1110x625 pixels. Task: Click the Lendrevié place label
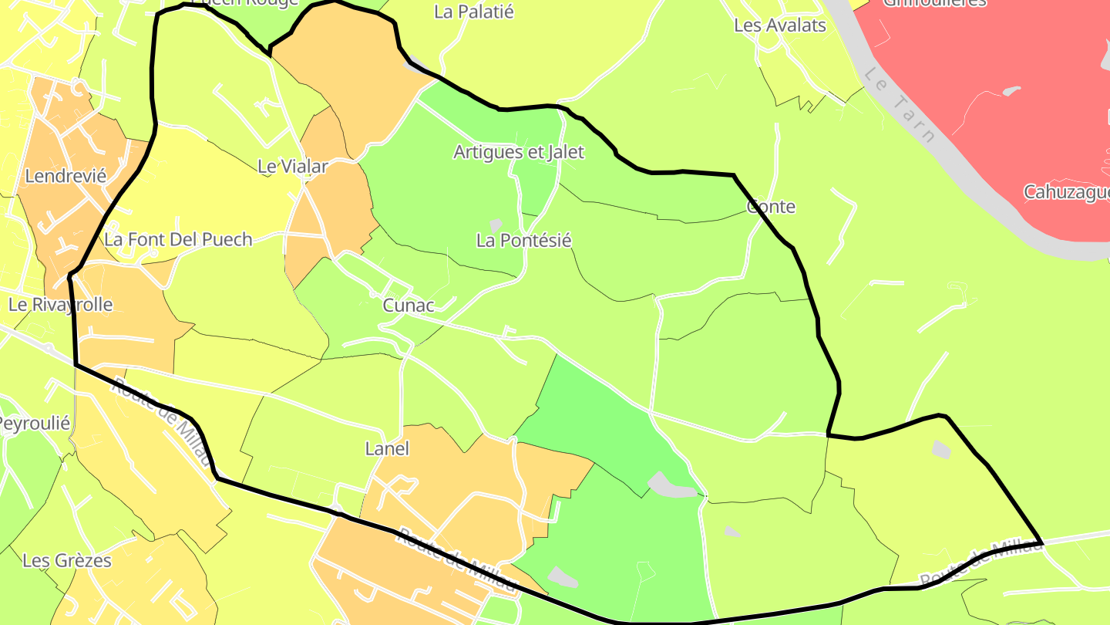tap(66, 176)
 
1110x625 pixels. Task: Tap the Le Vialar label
tap(292, 166)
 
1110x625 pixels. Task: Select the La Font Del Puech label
tap(178, 239)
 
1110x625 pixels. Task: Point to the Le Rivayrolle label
tap(60, 305)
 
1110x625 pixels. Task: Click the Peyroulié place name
tap(34, 424)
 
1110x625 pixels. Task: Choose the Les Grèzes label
tap(67, 560)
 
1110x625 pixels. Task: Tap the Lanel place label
tap(387, 448)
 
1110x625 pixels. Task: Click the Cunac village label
tap(409, 306)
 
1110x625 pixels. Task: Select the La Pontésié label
tap(523, 241)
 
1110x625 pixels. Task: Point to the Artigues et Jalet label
tap(518, 152)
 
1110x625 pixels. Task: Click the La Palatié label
tap(473, 12)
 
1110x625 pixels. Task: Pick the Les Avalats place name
tap(779, 25)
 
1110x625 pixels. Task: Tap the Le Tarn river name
tap(900, 106)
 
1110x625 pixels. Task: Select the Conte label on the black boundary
tap(771, 207)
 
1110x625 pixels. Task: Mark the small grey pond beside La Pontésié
tap(496, 224)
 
